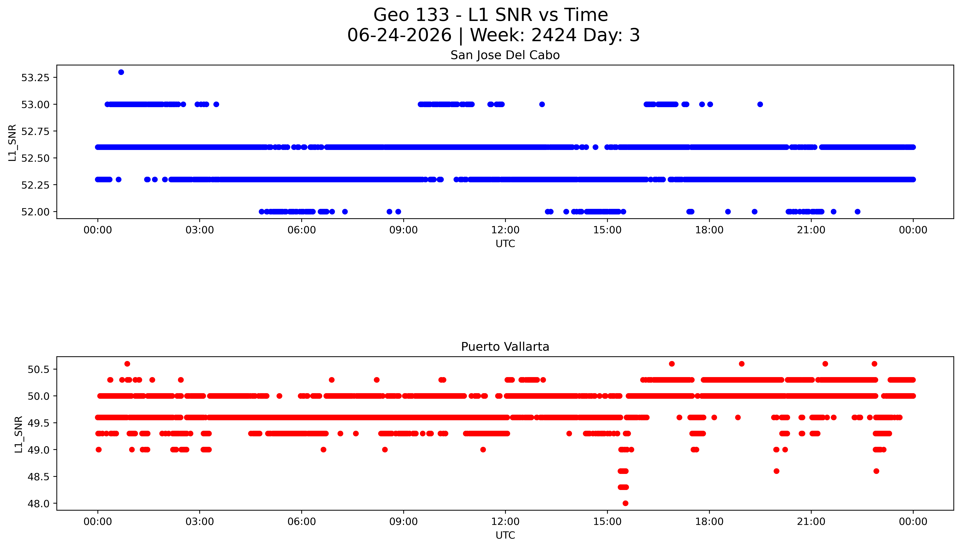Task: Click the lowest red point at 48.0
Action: [625, 503]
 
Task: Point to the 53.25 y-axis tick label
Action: [35, 78]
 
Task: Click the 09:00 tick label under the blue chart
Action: [403, 230]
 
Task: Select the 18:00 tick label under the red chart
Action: [709, 522]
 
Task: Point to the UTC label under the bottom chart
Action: [505, 535]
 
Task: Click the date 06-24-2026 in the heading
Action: [399, 35]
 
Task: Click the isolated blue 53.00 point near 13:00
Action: [542, 104]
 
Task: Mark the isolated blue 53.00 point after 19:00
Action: [760, 104]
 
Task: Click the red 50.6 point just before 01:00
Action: [127, 364]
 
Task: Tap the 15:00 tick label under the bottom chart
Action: [607, 522]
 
